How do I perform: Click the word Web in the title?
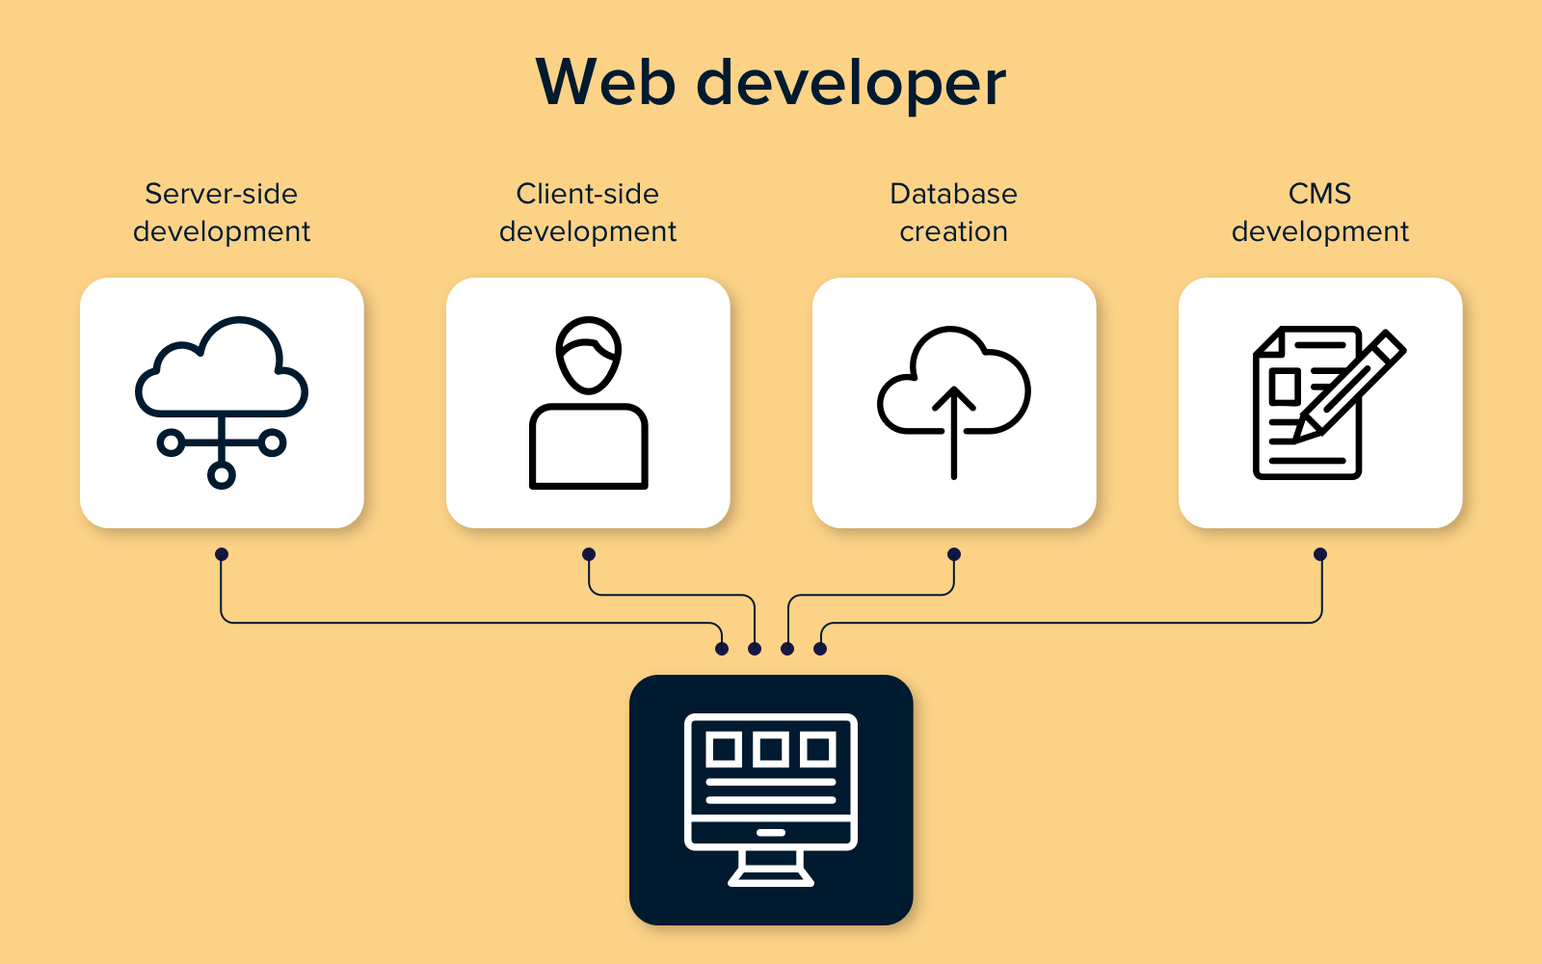click(x=604, y=83)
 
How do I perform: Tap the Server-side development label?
click(x=222, y=212)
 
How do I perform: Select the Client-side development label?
click(x=588, y=212)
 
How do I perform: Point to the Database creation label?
click(x=953, y=212)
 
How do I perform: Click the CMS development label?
click(x=1319, y=212)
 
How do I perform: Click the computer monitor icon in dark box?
click(x=771, y=799)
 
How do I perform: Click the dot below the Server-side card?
click(x=222, y=554)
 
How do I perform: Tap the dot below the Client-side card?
click(x=589, y=554)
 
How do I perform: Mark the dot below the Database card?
click(x=954, y=554)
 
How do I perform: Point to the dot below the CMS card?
click(x=1320, y=554)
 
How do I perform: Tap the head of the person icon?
click(x=588, y=354)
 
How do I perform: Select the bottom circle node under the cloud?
click(x=222, y=474)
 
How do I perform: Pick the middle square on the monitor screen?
click(x=771, y=749)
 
